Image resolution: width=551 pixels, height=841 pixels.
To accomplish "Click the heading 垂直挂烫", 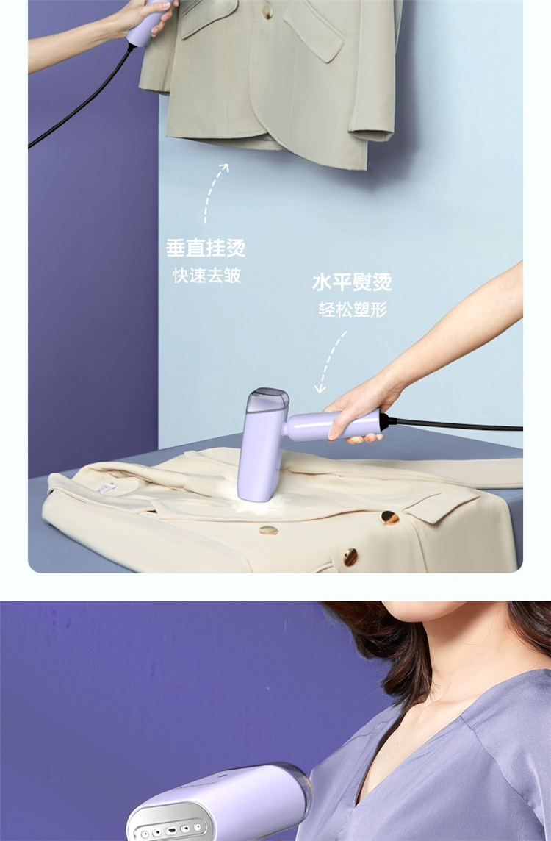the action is [206, 248].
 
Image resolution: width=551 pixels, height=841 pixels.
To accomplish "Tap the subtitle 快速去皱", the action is [206, 276].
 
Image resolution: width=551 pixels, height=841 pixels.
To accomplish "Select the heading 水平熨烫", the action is [352, 282].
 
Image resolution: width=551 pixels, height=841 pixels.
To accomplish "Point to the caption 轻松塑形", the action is [353, 309].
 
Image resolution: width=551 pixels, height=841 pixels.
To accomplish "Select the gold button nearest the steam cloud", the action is [269, 531].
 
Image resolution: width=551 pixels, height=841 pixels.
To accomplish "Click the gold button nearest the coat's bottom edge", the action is [350, 557].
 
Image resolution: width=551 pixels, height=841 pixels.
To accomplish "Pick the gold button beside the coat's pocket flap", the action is [389, 518].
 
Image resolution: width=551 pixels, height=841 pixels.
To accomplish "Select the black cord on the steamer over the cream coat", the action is [453, 426].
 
